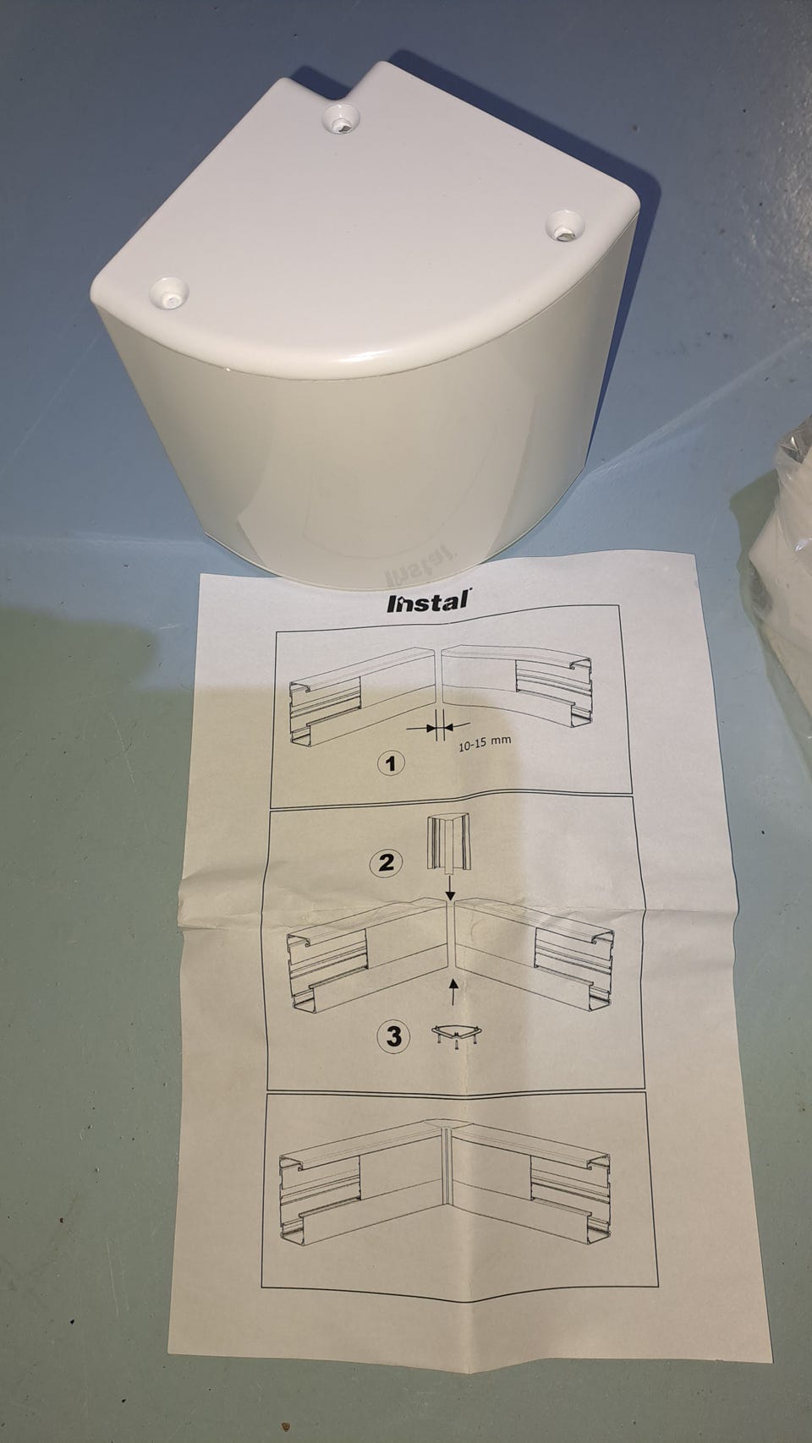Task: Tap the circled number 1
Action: tap(391, 764)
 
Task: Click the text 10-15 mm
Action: tap(484, 743)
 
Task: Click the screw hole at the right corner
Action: tap(565, 226)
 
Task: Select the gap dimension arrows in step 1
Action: tap(438, 728)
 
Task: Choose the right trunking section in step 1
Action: tap(516, 687)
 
